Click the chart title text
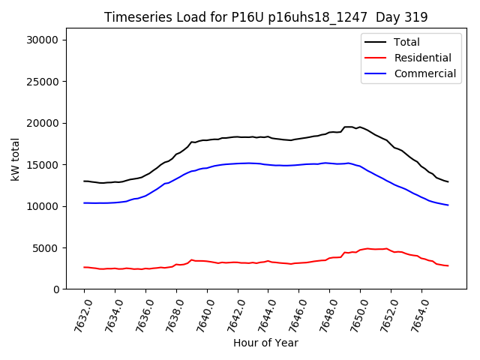265,17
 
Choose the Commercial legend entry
424,73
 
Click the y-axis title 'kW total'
15,159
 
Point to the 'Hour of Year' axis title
265,343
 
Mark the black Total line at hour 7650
360,127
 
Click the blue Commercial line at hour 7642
238,163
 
